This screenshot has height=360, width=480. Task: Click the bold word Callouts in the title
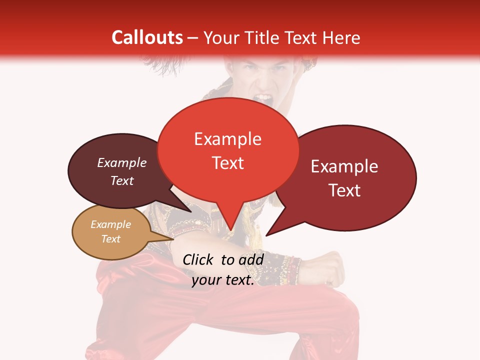pos(147,37)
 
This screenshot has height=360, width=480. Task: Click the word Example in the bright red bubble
pos(227,139)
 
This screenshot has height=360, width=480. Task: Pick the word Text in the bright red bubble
pos(227,163)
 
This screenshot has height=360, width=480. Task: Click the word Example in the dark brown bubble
pos(122,162)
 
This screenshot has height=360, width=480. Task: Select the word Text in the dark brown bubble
pos(122,180)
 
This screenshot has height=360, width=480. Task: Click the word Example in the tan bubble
pos(110,224)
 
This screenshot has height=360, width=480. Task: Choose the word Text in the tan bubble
pos(110,239)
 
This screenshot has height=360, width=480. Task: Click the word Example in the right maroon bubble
pos(344,166)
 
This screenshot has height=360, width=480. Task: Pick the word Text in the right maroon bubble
pos(344,190)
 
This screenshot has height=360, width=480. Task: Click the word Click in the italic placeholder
pos(199,259)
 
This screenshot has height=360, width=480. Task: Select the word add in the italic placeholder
pos(251,259)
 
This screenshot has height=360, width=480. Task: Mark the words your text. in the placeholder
pos(223,280)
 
